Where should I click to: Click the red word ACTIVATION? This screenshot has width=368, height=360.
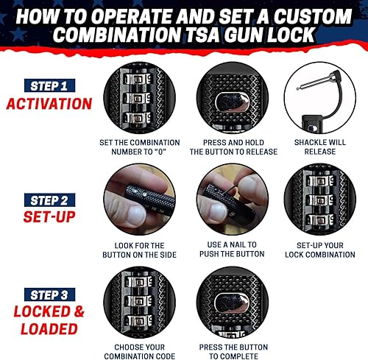pyautogui.click(x=48, y=103)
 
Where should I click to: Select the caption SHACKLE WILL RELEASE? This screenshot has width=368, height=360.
pyautogui.click(x=319, y=147)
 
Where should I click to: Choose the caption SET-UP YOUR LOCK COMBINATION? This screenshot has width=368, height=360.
pyautogui.click(x=319, y=250)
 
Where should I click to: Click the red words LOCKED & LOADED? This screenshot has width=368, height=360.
pyautogui.click(x=48, y=318)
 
